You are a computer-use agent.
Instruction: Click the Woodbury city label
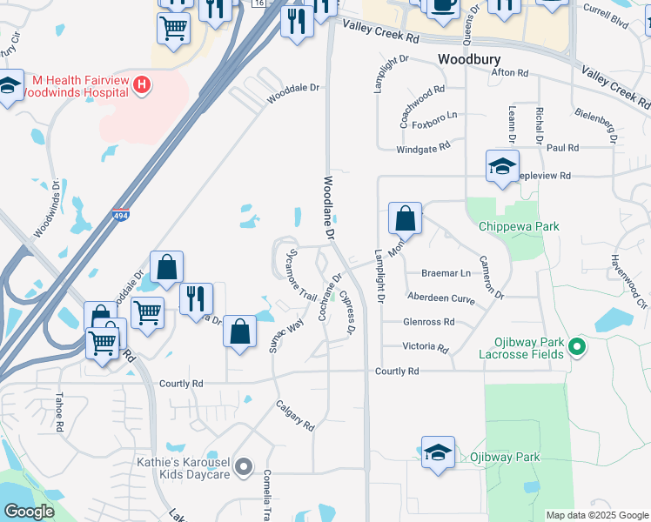coord(470,59)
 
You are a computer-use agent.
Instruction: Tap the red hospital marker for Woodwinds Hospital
coord(144,85)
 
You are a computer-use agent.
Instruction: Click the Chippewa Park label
coord(519,226)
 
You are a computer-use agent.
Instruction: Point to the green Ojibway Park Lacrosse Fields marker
coord(575,349)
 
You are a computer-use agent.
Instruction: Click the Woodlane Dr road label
coord(329,207)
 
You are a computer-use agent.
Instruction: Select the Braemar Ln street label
coord(446,272)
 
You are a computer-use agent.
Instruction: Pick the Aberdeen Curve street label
coord(440,297)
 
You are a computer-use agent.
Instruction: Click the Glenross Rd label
coord(428,322)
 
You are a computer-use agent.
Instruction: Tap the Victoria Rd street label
coord(426,347)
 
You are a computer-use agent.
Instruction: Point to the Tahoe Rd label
coord(59,412)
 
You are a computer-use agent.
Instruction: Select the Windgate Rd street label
coord(423,148)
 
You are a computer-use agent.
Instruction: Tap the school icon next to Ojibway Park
coord(438,452)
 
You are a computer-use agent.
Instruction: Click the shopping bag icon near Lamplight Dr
coord(405,218)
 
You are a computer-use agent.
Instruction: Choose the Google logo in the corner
coord(30,512)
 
